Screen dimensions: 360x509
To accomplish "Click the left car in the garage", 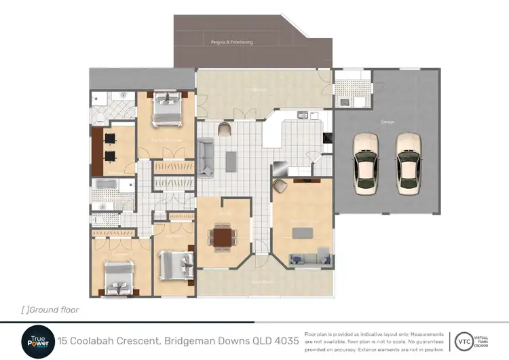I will pyautogui.click(x=367, y=164).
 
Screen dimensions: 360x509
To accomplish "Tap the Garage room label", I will pyautogui.click(x=387, y=122).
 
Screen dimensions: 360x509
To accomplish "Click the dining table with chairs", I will pyautogui.click(x=223, y=237).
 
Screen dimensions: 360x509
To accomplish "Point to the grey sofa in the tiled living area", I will pyautogui.click(x=206, y=156).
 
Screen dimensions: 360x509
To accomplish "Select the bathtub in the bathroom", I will pyautogui.click(x=106, y=185).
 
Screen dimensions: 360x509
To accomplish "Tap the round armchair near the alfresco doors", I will pyautogui.click(x=225, y=129).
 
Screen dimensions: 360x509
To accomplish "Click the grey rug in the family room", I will pyautogui.click(x=303, y=232).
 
